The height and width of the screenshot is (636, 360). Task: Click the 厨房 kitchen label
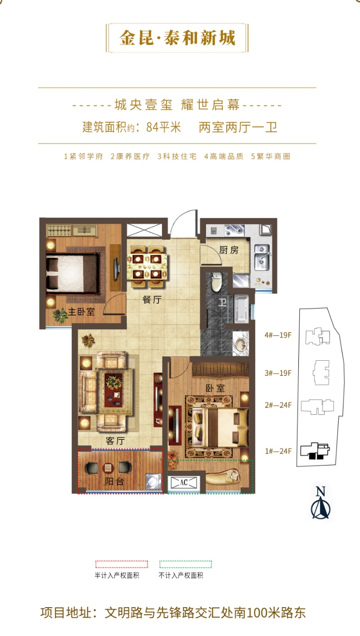click(229, 250)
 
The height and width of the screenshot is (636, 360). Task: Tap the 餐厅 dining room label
click(152, 300)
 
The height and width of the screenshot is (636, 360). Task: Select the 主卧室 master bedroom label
click(81, 312)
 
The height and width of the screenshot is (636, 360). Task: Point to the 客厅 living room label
click(115, 441)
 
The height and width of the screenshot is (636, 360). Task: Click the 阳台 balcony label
click(114, 481)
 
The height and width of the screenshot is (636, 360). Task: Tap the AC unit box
click(184, 482)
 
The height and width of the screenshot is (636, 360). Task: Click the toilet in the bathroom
click(216, 281)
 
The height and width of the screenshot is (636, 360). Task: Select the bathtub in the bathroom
click(241, 309)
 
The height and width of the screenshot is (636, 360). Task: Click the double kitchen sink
click(262, 257)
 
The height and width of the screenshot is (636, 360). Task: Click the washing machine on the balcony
click(154, 482)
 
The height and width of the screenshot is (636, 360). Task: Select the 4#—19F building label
click(278, 335)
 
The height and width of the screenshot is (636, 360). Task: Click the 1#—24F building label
click(278, 451)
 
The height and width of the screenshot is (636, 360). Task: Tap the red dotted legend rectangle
click(122, 564)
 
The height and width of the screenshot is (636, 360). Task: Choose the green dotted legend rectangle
click(185, 564)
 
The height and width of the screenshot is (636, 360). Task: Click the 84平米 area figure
click(164, 127)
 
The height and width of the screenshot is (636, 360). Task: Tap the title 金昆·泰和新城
click(178, 38)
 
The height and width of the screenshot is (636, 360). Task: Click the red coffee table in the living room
click(113, 390)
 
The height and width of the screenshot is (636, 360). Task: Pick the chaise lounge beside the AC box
click(223, 477)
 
